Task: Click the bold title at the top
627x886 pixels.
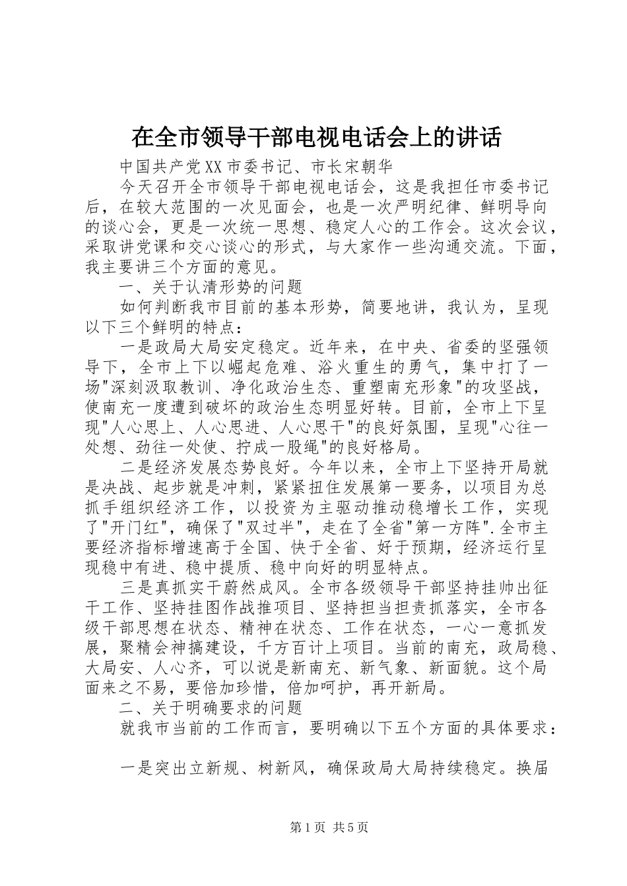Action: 316,137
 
